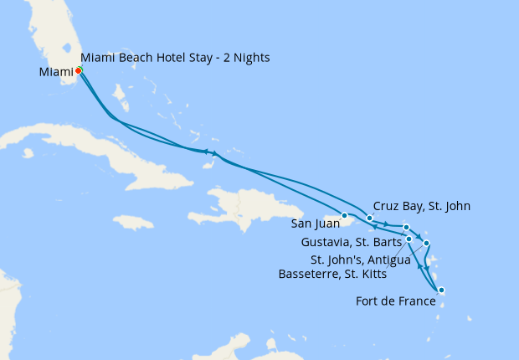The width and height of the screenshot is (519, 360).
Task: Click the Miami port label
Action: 55,72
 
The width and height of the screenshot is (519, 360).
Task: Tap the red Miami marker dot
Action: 78,71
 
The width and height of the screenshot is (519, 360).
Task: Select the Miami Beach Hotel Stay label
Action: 175,57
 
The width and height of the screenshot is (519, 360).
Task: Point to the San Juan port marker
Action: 344,216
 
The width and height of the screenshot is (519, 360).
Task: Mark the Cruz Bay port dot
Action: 369,219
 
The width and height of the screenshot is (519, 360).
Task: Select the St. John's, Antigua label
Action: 361,259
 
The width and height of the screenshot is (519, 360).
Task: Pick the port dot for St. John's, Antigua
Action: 427,244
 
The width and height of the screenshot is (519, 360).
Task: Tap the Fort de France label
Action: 395,301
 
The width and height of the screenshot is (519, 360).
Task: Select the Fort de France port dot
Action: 441,291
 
